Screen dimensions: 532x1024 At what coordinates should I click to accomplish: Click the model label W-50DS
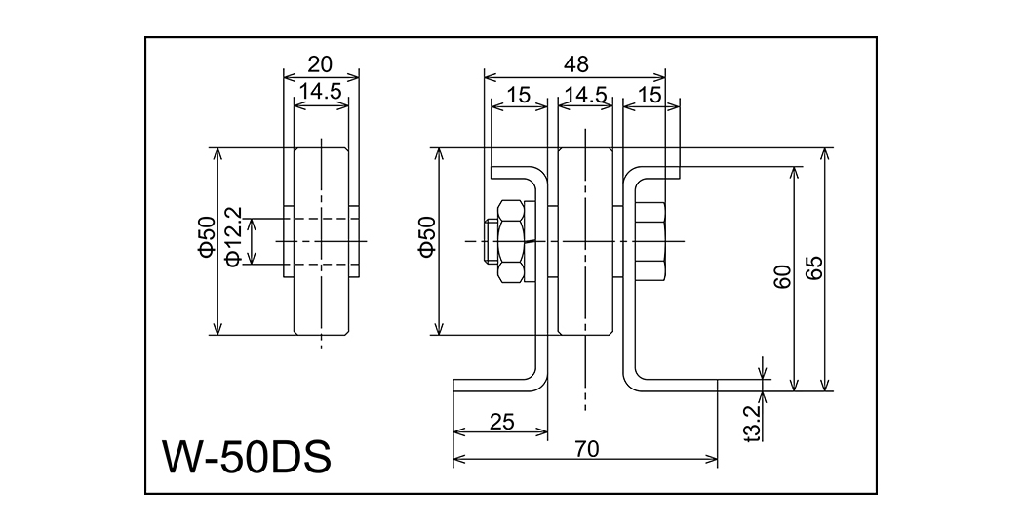247,455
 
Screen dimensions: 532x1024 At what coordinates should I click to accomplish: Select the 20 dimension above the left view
320,64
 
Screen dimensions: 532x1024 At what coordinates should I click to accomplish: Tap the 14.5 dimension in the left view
320,92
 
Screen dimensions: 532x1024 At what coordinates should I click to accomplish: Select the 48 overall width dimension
575,64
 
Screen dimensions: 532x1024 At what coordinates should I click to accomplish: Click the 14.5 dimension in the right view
586,95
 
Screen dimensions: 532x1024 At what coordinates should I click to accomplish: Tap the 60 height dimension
782,277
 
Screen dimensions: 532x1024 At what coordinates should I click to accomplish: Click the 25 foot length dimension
501,422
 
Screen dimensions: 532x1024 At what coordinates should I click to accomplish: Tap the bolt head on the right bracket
650,240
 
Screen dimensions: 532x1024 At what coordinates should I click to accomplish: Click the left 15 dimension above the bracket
519,95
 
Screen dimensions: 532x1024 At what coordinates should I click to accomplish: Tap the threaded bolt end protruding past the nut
490,241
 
